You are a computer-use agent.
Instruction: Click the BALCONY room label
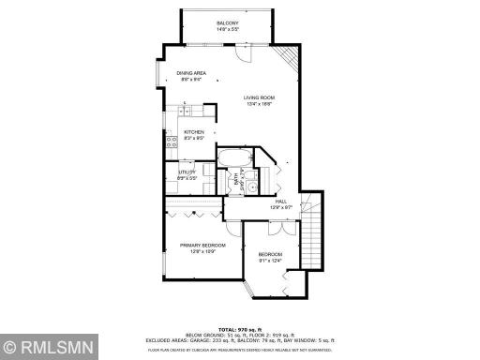[228, 23]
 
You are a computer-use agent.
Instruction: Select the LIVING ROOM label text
[259, 98]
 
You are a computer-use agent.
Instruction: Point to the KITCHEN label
[194, 132]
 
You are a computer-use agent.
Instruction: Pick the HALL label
[280, 201]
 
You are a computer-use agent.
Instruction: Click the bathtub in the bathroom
[235, 156]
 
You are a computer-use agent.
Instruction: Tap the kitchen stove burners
[172, 142]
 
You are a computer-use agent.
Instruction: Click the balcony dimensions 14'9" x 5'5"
[228, 30]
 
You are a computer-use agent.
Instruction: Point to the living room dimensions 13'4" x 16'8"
[259, 105]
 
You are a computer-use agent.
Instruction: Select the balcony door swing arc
[242, 55]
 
